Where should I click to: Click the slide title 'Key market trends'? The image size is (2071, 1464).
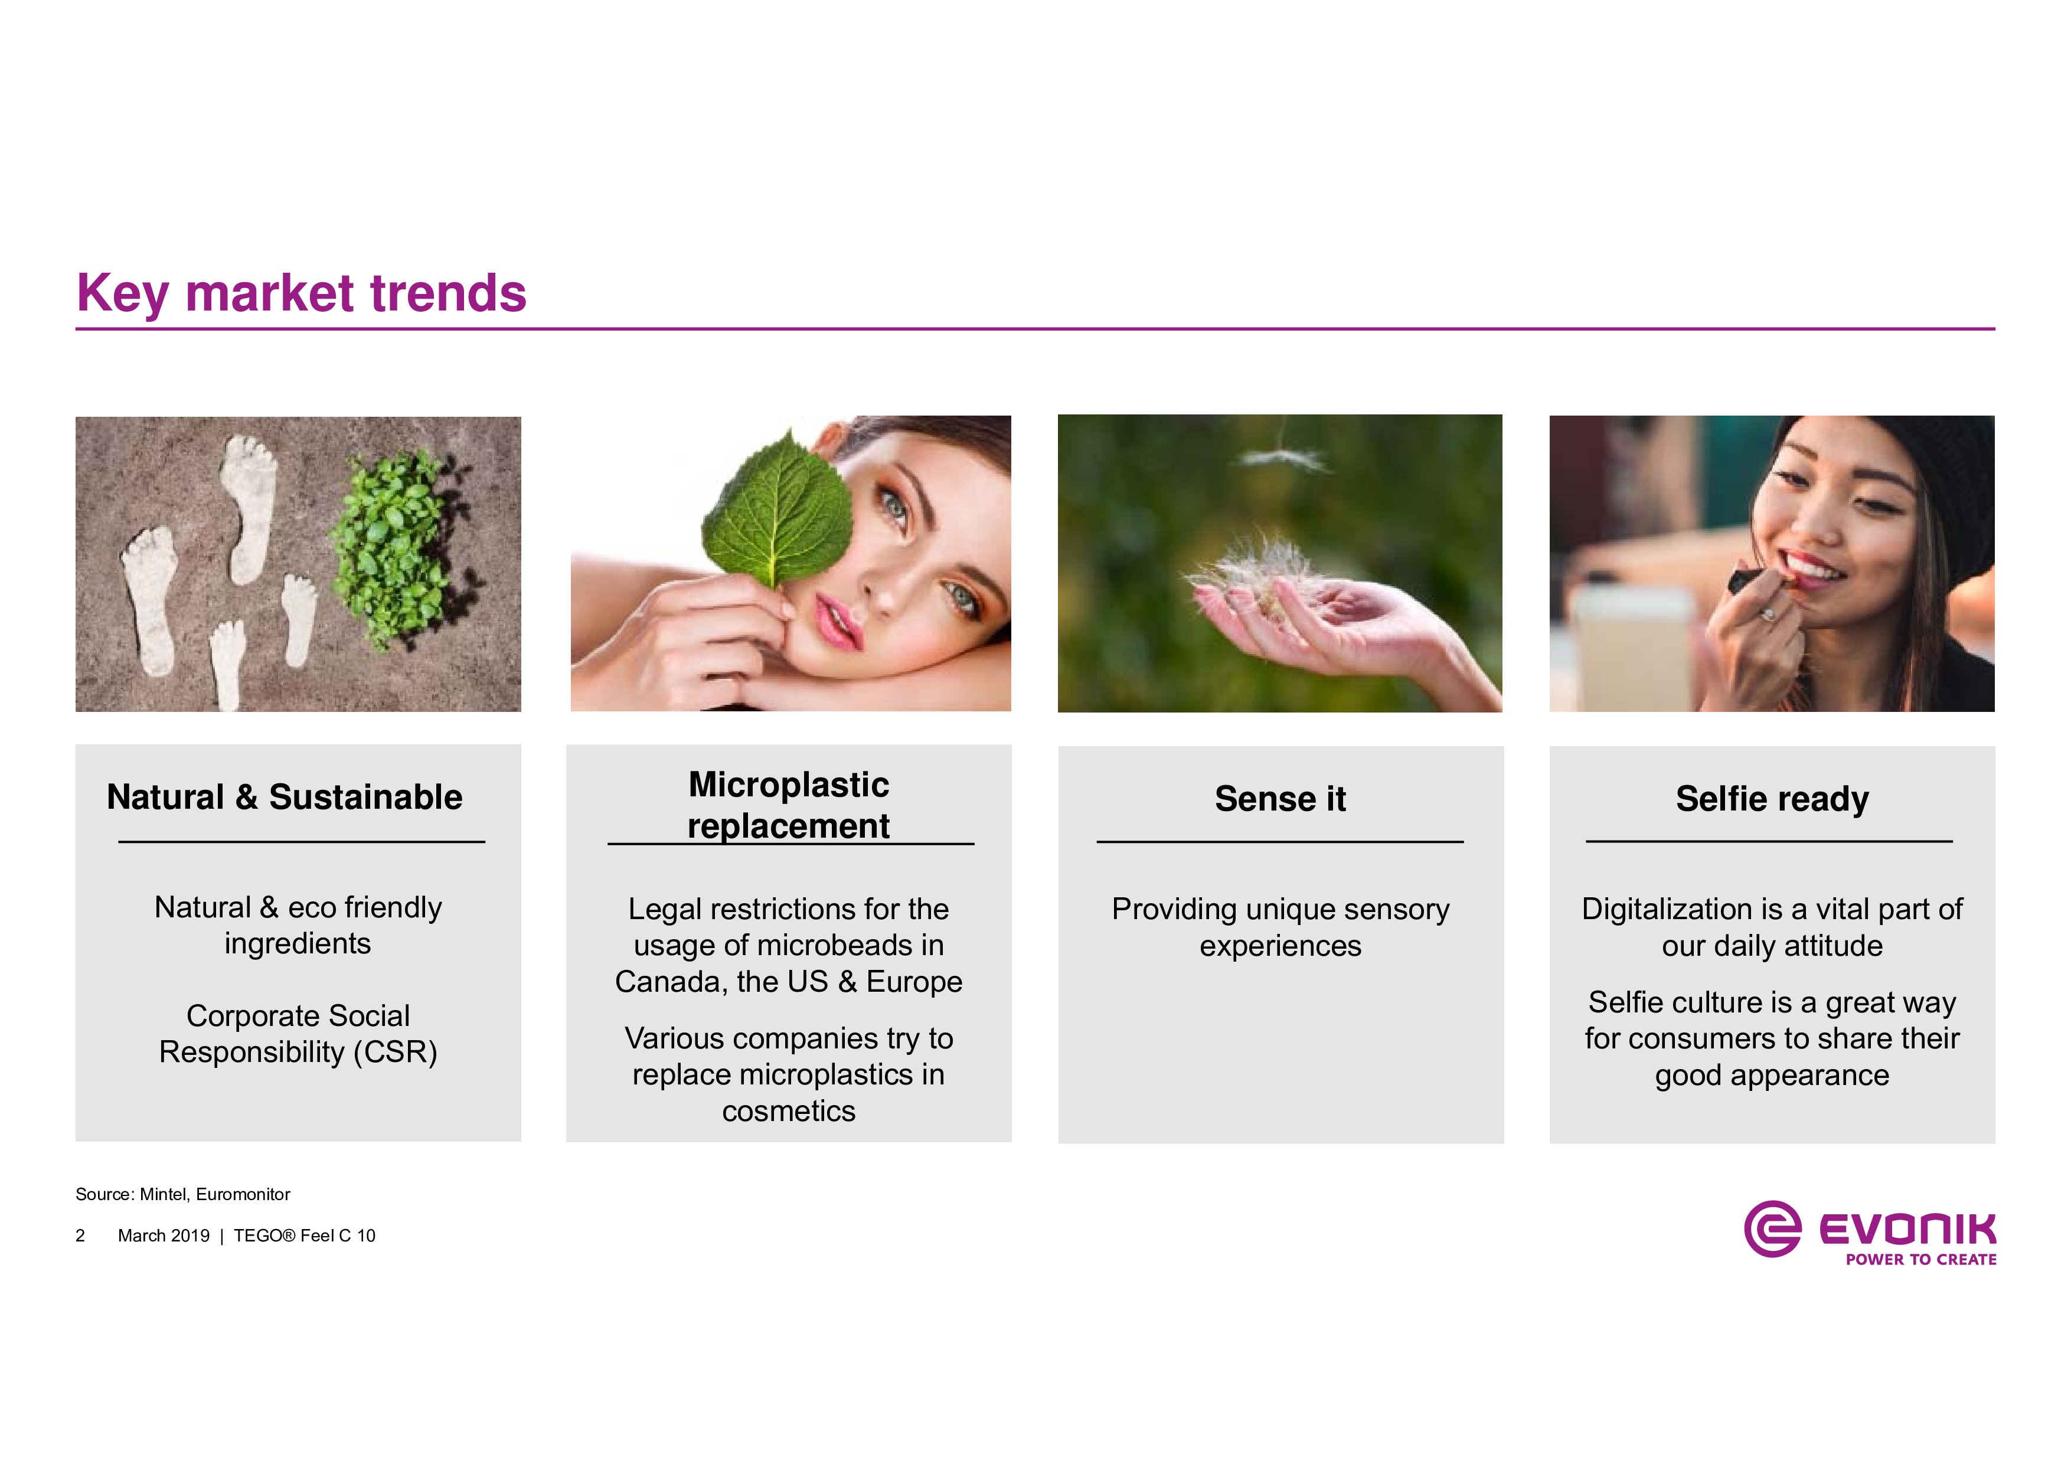coord(301,294)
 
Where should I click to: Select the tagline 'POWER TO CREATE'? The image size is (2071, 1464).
coord(1920,1259)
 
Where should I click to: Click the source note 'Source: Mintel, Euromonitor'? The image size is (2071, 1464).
coord(182,1194)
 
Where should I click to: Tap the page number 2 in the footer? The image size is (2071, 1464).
coord(80,1236)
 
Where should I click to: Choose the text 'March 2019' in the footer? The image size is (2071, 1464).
coord(164,1236)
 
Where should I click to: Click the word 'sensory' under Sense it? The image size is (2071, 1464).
coord(1397,909)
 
